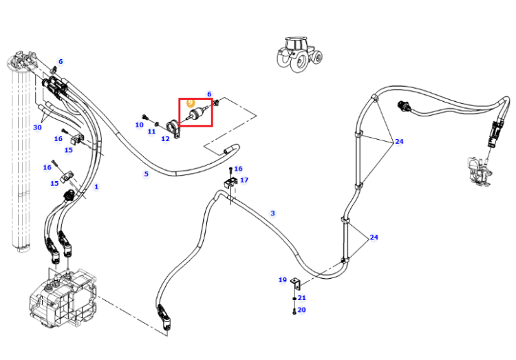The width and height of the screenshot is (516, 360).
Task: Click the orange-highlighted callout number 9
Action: pos(190,103)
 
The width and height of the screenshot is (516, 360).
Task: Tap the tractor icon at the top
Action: pos(299,54)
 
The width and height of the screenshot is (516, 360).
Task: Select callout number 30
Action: pos(38,127)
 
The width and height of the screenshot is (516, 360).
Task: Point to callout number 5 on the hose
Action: pos(146,174)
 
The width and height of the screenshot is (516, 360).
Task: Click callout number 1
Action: pos(96,187)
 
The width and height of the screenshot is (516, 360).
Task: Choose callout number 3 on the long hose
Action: pos(272,213)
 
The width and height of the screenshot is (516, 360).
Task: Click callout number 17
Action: pos(244,180)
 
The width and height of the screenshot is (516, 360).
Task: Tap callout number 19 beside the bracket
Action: pos(282,280)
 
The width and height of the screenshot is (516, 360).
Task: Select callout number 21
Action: pos(302,298)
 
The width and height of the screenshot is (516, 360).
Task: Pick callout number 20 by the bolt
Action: pos(301,310)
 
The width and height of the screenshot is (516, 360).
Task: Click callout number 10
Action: pos(139,125)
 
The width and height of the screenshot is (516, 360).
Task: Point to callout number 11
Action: pos(151,131)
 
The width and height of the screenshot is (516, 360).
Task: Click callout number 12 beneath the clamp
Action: pos(165,138)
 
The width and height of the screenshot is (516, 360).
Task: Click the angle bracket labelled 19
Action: pos(296,284)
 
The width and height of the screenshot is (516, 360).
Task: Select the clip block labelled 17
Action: pos(230,182)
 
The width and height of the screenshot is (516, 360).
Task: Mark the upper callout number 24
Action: pos(399,141)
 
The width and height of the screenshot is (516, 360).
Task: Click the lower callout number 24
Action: pos(374,237)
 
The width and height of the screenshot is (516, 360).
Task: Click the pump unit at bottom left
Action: pos(63,298)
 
